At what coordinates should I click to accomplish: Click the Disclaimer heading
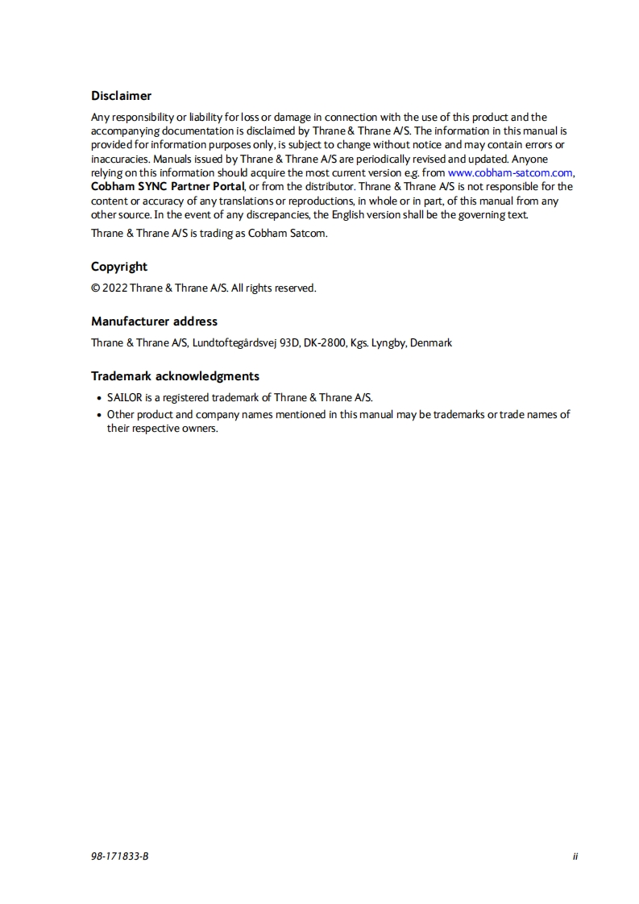121,96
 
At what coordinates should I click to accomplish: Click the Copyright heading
119,267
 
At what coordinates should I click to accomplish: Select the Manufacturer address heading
154,321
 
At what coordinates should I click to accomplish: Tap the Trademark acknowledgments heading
175,376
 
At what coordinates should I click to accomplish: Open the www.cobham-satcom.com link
510,172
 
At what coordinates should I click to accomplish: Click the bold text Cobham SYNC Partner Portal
167,186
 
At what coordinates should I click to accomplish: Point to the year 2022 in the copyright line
114,288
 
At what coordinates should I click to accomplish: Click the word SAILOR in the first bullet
124,397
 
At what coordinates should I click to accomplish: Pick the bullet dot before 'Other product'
98,415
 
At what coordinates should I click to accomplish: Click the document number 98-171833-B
120,856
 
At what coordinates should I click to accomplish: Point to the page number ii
575,856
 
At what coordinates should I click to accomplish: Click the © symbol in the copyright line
95,288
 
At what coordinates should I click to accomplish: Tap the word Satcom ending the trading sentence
309,234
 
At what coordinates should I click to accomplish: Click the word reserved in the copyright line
295,288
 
